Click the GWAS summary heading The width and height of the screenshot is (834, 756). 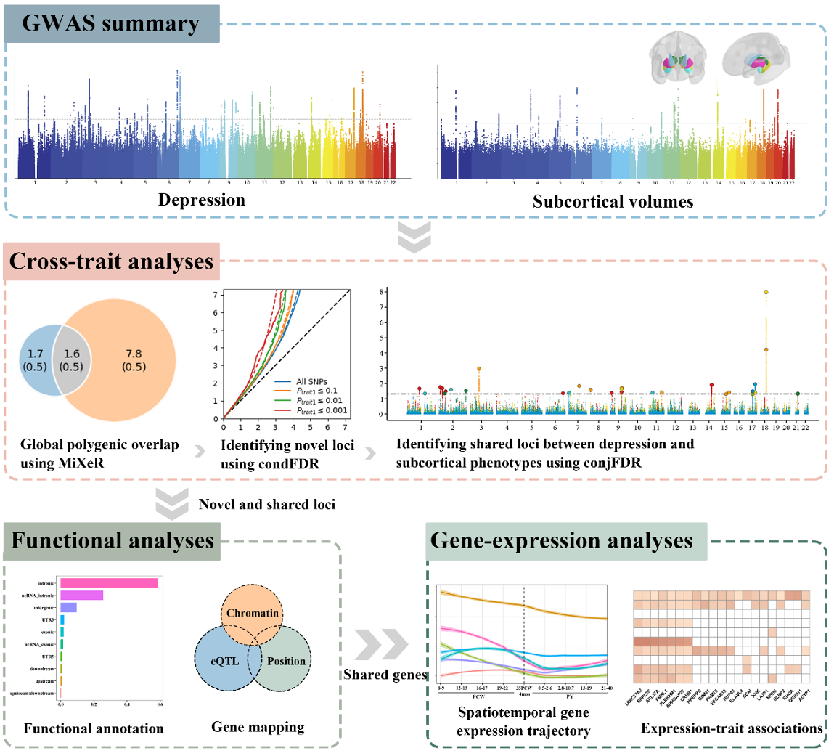(110, 23)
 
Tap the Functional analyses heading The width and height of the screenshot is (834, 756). (112, 541)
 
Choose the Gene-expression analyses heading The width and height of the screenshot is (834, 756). (561, 541)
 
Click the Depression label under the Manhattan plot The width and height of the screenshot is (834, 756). (202, 200)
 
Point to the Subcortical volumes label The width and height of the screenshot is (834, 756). (613, 202)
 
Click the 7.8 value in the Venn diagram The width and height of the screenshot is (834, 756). (134, 354)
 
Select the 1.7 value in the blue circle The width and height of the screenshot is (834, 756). (35, 354)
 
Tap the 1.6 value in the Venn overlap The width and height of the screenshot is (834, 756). (71, 354)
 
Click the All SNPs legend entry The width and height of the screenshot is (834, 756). (311, 381)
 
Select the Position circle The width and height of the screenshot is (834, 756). (286, 661)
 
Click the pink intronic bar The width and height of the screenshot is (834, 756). (109, 583)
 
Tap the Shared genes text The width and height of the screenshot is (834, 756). (385, 675)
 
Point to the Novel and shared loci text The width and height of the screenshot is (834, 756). (266, 504)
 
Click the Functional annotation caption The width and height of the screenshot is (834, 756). (94, 728)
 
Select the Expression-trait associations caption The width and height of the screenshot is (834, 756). (732, 728)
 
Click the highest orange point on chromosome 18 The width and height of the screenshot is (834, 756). (766, 293)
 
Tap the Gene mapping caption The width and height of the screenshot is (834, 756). (258, 727)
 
